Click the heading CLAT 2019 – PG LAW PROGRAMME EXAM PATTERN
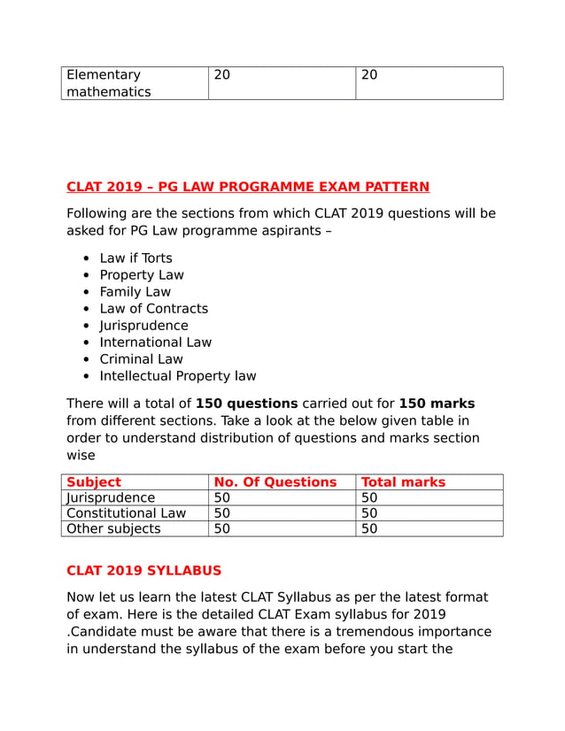pos(248,187)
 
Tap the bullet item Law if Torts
pos(135,258)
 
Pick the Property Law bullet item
pos(142,275)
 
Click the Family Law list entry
pos(135,292)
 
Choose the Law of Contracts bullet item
pos(153,309)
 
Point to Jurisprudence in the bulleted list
pos(143,326)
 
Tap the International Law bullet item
pos(155,342)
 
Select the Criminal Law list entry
pos(141,359)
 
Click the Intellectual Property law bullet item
pos(177,376)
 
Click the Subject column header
pos(94,482)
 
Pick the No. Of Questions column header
pos(275,482)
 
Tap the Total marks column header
pos(404,482)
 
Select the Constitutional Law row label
pos(126,513)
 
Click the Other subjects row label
pos(113,529)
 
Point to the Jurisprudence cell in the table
pos(111,498)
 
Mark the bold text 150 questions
pos(246,404)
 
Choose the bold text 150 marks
pos(437,404)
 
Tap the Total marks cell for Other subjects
pos(370,529)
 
